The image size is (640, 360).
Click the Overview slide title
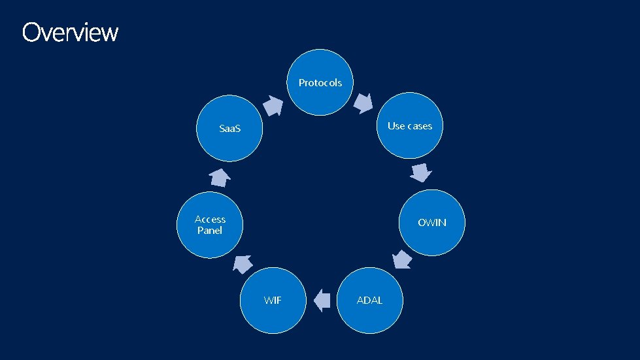(70, 32)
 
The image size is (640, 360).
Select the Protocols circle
(320, 82)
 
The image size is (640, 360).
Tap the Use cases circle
(410, 126)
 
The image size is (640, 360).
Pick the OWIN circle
(431, 222)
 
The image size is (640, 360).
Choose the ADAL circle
(369, 300)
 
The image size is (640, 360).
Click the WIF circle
(273, 300)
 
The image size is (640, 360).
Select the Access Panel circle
(210, 225)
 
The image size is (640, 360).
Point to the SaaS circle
(230, 128)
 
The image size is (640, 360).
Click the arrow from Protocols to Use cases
(363, 103)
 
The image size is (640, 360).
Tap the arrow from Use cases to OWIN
(422, 172)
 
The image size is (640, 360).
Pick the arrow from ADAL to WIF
(321, 301)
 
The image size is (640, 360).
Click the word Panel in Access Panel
(210, 231)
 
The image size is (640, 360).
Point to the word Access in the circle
(210, 220)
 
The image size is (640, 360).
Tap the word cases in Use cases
(419, 126)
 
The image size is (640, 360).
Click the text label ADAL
(369, 300)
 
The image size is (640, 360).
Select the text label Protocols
(320, 83)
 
